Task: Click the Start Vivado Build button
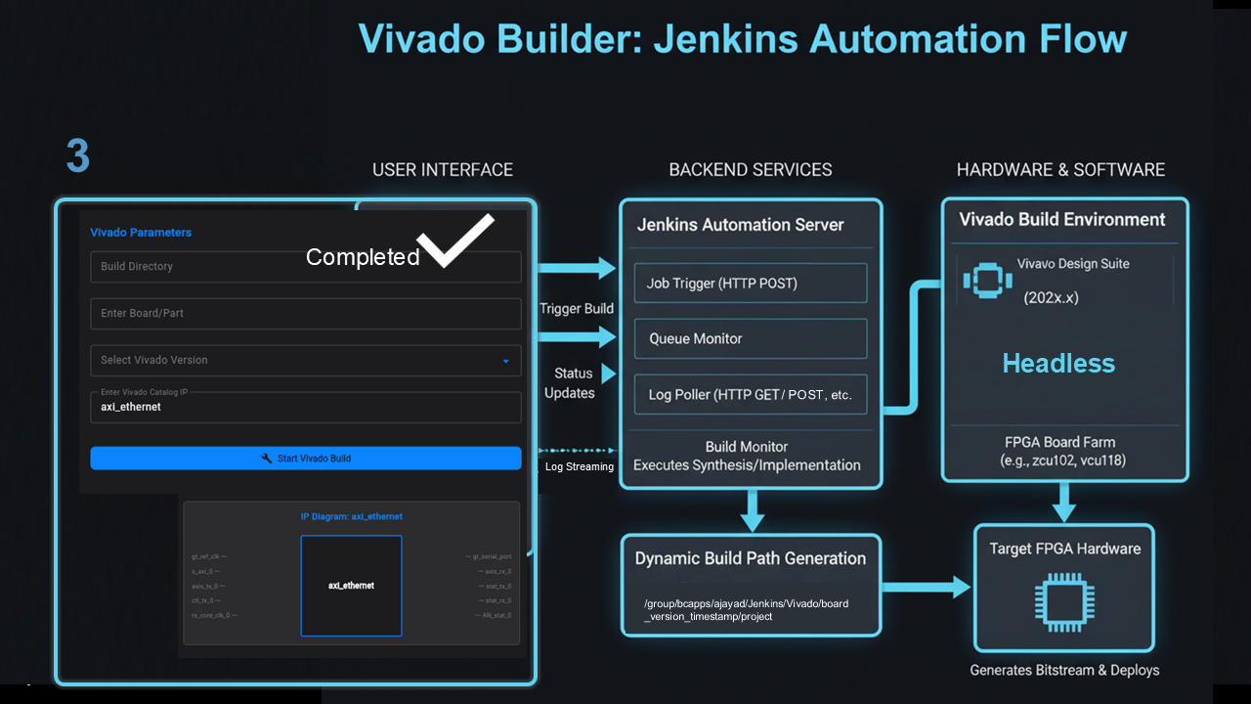(306, 459)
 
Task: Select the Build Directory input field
(195, 267)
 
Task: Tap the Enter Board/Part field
(306, 314)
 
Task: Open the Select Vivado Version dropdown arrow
(505, 361)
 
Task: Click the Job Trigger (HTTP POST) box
(751, 284)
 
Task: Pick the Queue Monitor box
(751, 339)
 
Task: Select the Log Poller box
(751, 395)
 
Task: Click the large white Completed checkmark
(455, 239)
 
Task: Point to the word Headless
(1058, 364)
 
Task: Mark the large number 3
(78, 155)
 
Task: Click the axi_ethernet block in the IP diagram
(351, 586)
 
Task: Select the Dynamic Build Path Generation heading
(751, 558)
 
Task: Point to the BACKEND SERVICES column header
(751, 170)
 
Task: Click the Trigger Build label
(577, 309)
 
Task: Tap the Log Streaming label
(580, 467)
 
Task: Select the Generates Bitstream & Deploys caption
(1064, 671)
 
